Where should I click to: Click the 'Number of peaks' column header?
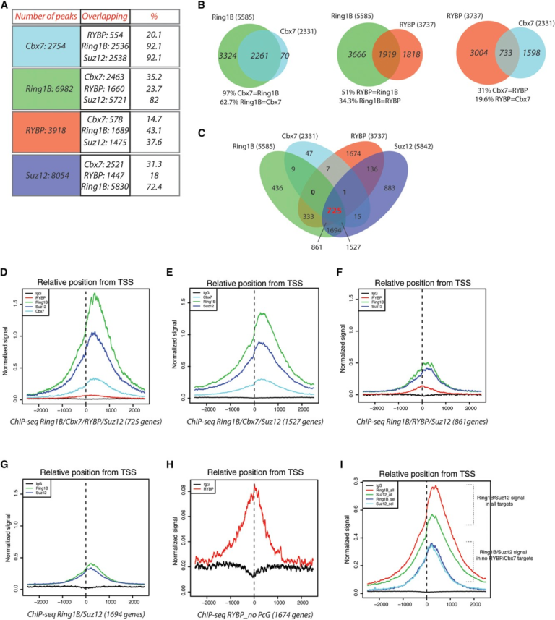pyautogui.click(x=42, y=16)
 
